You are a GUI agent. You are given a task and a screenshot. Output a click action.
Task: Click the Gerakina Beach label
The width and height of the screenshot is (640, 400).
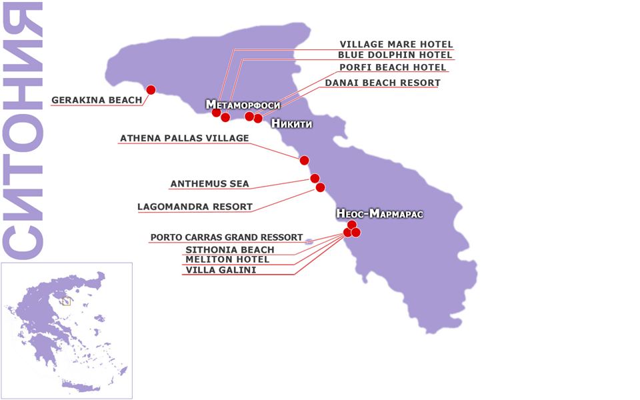point(97,101)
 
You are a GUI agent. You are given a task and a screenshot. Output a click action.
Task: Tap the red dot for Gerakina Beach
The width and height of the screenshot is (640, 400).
point(151,90)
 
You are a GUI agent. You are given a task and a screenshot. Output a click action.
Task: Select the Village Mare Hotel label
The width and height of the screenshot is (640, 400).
point(396,45)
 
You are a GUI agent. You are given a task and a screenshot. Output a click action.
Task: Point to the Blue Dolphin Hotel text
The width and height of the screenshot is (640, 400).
point(395,55)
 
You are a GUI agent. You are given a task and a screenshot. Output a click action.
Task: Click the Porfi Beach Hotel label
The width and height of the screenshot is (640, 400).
point(393,67)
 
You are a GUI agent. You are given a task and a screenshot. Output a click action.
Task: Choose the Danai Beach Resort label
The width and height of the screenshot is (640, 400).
point(382,83)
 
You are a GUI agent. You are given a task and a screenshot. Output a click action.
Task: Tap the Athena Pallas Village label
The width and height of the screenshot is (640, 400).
point(184,139)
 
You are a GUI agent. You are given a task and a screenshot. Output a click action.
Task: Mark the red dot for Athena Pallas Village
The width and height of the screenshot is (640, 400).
point(304,160)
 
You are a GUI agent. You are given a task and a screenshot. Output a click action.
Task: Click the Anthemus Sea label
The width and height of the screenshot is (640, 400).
point(209,183)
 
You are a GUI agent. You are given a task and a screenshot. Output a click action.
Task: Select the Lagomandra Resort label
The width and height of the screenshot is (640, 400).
point(195,207)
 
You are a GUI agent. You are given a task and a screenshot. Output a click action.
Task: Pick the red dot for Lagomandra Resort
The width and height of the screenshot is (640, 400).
point(320,187)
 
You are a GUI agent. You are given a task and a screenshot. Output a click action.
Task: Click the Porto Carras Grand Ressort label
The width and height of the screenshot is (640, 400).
point(227,237)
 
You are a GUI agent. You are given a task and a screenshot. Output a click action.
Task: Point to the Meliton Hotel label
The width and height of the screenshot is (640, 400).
point(218,259)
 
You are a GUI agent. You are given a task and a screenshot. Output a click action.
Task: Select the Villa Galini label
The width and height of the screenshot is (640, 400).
point(220,270)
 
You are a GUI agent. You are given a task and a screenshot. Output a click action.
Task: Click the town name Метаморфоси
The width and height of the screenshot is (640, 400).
point(243,105)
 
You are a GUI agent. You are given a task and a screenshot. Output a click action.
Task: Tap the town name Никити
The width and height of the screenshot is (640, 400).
point(291,124)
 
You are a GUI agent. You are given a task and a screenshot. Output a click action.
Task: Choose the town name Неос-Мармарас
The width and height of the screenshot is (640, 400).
point(380,214)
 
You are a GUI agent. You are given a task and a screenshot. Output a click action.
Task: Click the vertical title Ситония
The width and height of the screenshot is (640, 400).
point(23,130)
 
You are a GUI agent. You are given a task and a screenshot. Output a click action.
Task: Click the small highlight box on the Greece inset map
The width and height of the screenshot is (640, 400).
point(65,301)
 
